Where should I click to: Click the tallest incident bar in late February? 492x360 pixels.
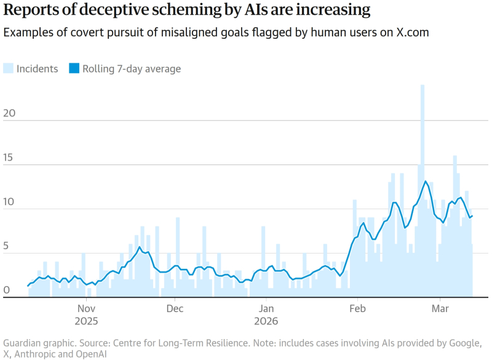[x=423, y=185]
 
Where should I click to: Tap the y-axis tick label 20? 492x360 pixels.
[x=7, y=114]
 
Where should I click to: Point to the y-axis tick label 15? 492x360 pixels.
[x=7, y=159]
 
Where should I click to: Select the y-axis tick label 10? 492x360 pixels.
[x=7, y=203]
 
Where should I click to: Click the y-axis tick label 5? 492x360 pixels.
[x=6, y=247]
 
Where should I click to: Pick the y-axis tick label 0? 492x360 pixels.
[x=6, y=290]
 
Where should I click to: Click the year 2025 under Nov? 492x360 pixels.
[x=86, y=321]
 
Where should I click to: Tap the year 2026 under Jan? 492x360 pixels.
[x=266, y=321]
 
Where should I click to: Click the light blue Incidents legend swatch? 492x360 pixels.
[x=9, y=69]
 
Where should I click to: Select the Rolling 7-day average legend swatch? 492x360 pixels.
[x=74, y=69]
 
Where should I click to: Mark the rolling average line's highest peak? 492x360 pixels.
[x=425, y=181]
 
